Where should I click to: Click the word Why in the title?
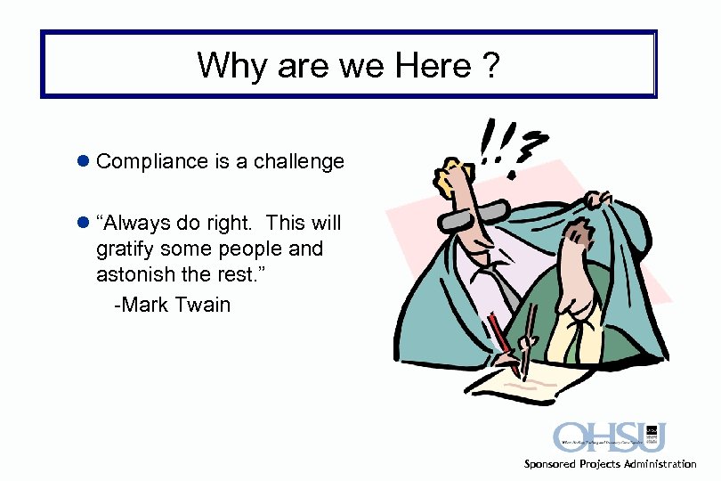click(227, 65)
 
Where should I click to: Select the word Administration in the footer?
click(655, 464)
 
